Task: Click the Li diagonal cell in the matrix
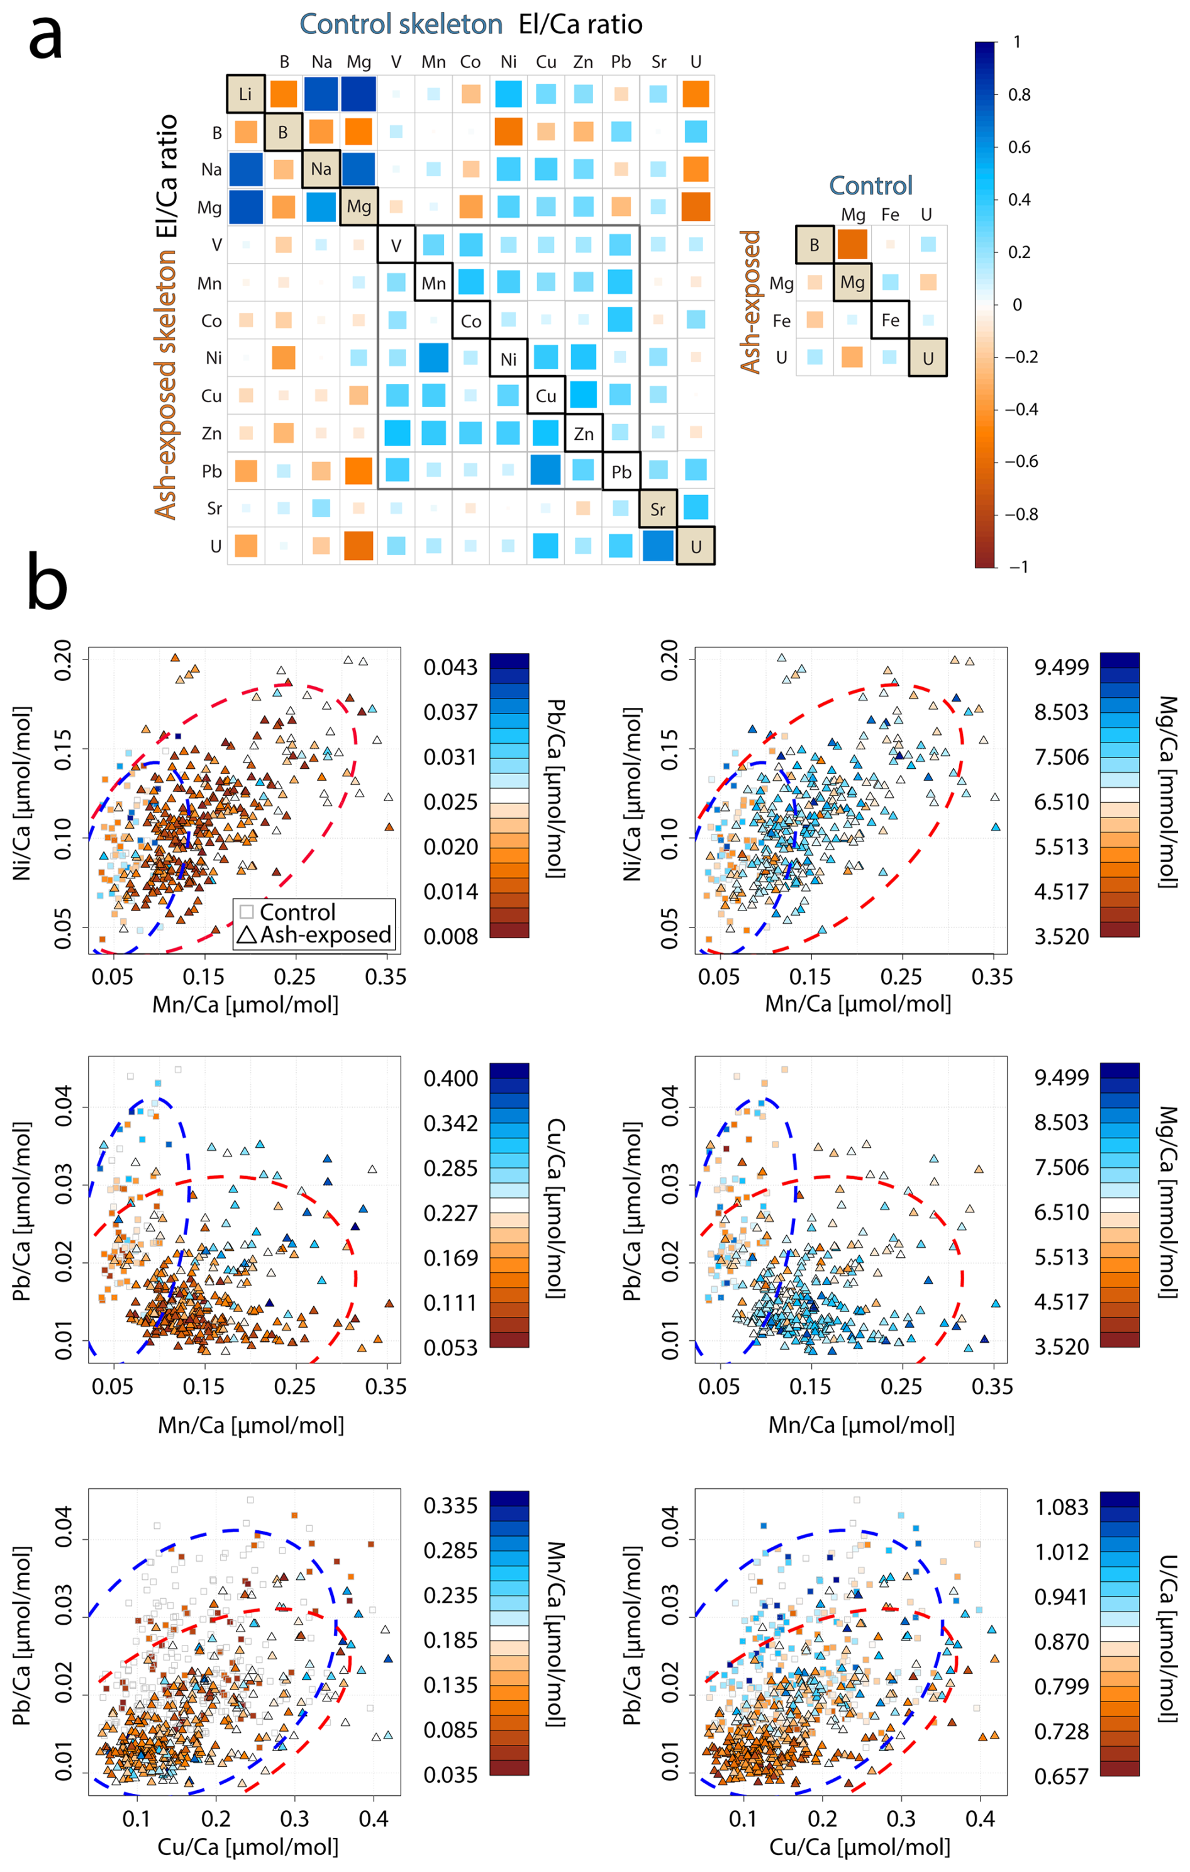tap(246, 94)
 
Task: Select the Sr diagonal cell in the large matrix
tap(657, 509)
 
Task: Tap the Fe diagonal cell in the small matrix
tap(890, 320)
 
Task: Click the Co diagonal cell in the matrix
tap(471, 321)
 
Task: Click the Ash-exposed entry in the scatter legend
tap(314, 934)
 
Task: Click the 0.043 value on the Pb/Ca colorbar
tap(450, 666)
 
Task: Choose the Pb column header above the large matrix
tap(620, 62)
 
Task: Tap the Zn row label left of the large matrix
tap(211, 433)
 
